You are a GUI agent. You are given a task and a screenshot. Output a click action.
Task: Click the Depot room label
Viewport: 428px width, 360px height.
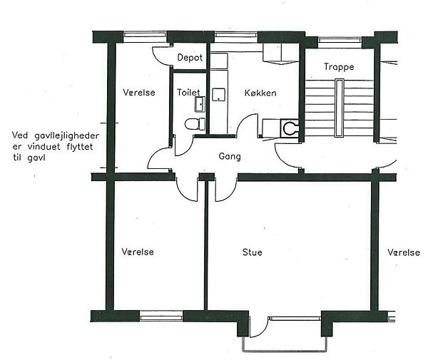[x=190, y=57]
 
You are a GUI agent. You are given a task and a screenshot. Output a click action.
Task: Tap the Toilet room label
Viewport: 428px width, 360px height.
[x=188, y=92]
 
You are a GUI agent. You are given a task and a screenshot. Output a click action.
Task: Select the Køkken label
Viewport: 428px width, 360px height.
[x=260, y=93]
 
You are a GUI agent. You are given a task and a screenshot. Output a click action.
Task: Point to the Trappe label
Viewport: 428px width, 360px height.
[x=339, y=67]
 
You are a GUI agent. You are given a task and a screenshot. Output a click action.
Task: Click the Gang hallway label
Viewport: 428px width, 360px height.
[x=230, y=157]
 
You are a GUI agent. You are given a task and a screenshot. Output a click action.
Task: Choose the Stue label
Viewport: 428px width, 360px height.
[x=253, y=252]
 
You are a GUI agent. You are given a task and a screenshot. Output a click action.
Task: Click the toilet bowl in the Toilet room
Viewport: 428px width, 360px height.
[x=195, y=124]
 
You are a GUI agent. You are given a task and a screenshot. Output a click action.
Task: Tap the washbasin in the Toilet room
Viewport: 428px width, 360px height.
[x=200, y=104]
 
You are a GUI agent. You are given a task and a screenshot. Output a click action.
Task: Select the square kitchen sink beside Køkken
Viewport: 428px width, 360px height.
[x=219, y=94]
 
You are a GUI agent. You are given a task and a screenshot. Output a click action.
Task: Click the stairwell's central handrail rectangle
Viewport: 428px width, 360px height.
[x=340, y=108]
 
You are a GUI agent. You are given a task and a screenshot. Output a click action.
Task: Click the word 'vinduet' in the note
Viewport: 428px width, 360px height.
[x=44, y=147]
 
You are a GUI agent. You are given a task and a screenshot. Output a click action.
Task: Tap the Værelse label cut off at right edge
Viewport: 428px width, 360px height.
[x=404, y=252]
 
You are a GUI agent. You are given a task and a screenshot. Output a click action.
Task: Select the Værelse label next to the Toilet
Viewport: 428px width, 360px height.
[x=139, y=92]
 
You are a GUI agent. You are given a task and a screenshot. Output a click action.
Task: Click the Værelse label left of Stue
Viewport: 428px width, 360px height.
[x=138, y=252]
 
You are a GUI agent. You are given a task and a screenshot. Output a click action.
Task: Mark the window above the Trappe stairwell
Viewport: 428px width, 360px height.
[x=340, y=41]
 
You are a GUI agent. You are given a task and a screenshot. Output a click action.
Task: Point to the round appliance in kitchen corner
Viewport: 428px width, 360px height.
[x=290, y=128]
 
